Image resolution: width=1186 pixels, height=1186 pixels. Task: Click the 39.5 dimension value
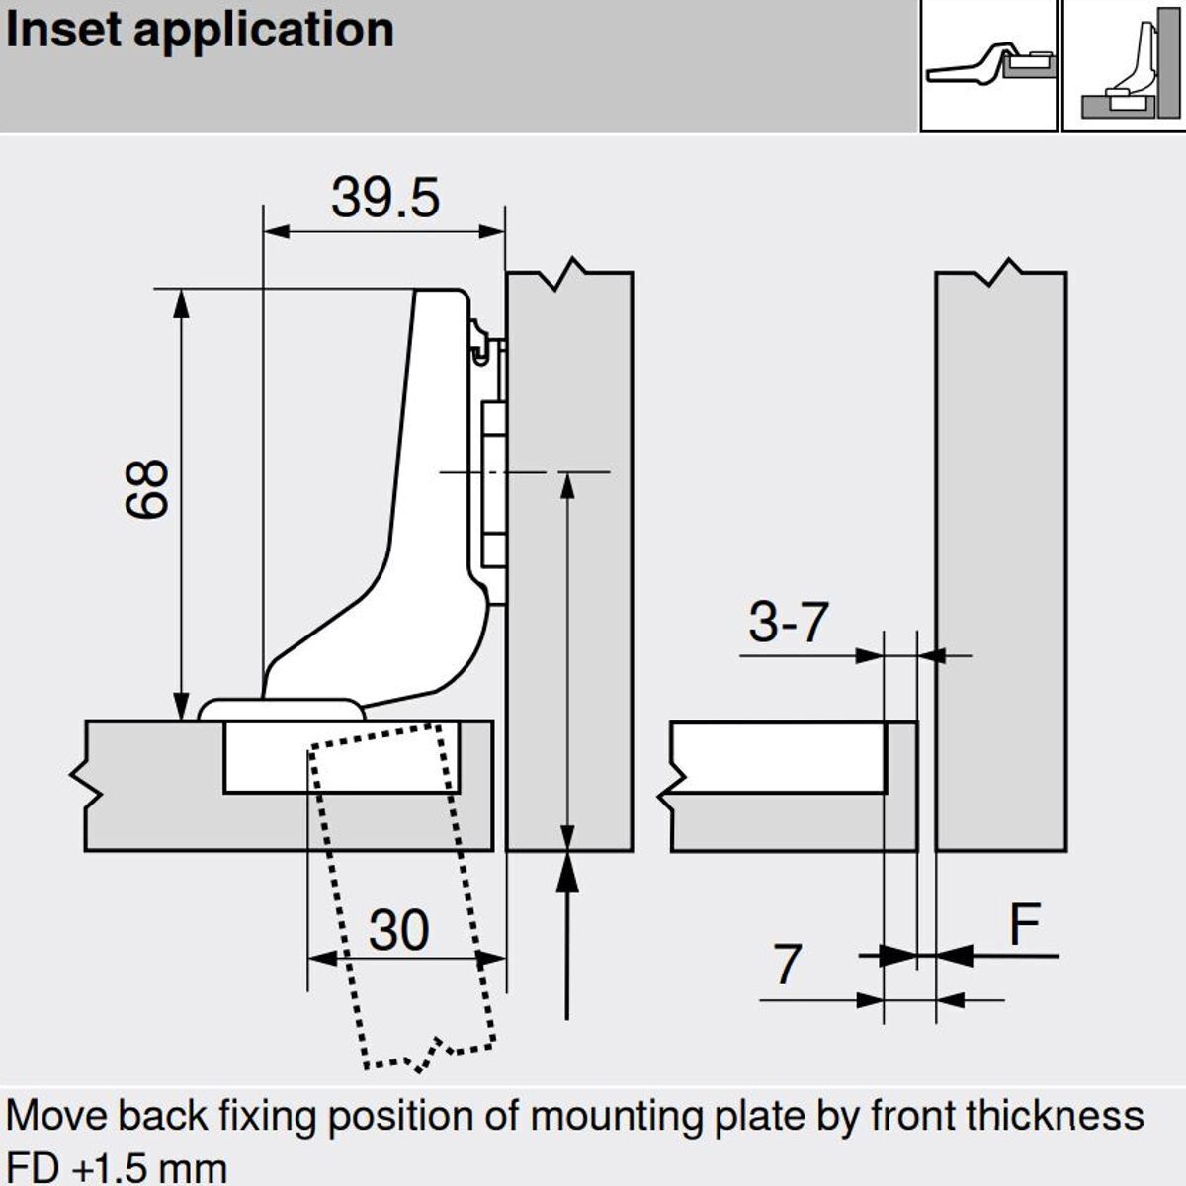coord(384,198)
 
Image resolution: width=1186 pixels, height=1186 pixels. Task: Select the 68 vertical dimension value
coord(148,489)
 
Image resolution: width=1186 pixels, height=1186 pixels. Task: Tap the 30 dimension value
coord(399,931)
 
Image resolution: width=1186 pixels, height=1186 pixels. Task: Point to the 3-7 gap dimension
coord(788,623)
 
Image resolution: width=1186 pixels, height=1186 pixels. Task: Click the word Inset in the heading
coord(63,30)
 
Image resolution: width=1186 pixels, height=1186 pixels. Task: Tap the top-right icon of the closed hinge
coord(988,65)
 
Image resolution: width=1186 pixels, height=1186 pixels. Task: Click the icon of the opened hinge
coord(1125,65)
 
